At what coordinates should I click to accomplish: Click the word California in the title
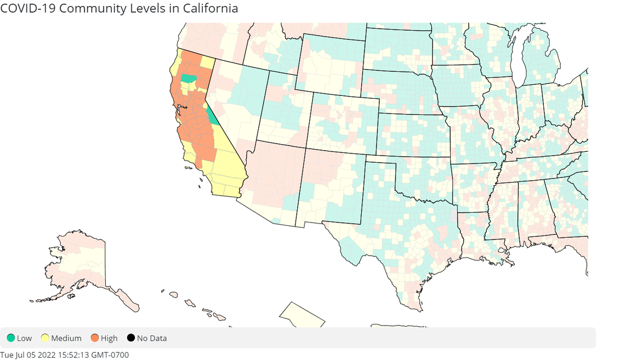coord(209,8)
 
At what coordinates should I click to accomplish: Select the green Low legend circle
coord(10,338)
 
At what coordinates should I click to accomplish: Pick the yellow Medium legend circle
coord(42,338)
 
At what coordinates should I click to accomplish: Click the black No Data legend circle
coord(130,338)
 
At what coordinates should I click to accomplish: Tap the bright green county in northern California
coord(188,78)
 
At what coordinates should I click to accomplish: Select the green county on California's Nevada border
coord(211,116)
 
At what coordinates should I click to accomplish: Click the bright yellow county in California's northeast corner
coord(207,61)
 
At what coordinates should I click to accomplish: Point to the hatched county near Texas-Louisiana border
coord(453,214)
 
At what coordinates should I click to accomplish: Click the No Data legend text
coord(152,338)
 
